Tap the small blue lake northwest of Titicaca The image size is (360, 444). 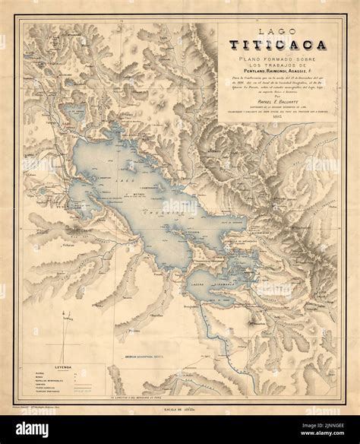point(77,113)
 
